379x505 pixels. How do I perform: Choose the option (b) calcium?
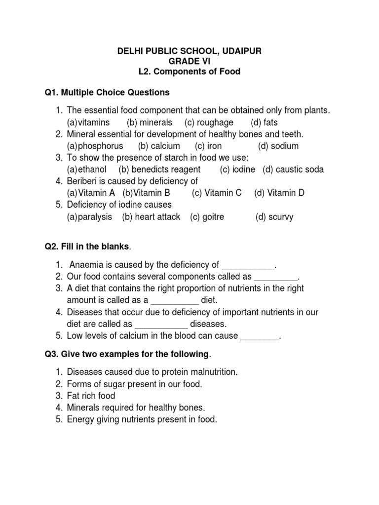(x=159, y=146)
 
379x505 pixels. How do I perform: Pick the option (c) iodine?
(x=237, y=170)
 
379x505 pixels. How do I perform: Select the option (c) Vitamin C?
(x=217, y=193)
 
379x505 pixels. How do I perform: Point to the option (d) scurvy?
(x=274, y=216)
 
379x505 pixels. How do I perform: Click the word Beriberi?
(x=84, y=181)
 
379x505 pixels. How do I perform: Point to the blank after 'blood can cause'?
(x=260, y=336)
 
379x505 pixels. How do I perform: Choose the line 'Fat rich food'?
(x=91, y=396)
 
